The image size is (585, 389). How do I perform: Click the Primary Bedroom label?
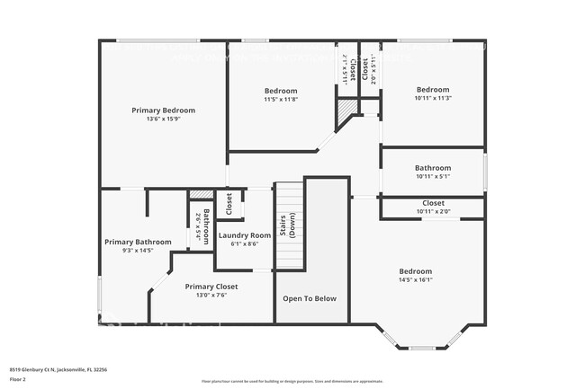(163, 111)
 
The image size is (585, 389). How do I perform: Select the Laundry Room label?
(245, 235)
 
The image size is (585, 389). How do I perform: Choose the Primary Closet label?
(211, 287)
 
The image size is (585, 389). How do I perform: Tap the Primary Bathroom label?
(138, 242)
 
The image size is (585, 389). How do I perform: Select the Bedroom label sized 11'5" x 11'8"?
(281, 91)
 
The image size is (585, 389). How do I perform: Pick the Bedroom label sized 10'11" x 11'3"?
(433, 90)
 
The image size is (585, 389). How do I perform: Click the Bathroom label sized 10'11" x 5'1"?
(433, 168)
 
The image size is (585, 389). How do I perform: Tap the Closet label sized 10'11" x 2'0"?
(433, 203)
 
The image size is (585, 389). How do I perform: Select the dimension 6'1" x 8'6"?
(245, 243)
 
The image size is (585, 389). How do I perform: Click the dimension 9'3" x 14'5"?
(138, 250)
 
